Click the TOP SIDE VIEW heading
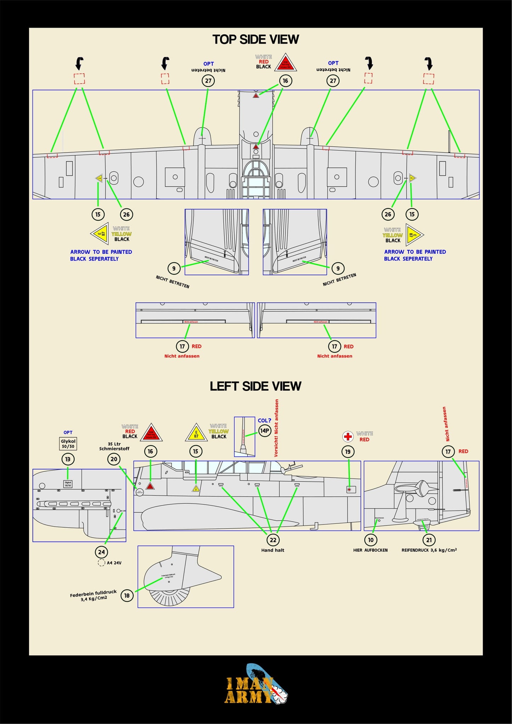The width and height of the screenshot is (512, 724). coord(255,39)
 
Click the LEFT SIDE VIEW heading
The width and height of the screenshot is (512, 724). coord(255,386)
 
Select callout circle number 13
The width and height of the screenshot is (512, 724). coord(68,459)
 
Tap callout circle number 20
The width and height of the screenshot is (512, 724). coord(114,459)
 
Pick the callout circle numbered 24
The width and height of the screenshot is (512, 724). coord(101,552)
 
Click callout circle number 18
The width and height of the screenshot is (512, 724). coord(127,595)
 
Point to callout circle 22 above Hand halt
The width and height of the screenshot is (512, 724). coord(273,540)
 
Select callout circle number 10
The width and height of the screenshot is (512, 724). coord(371,540)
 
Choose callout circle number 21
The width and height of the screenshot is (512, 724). coord(429,540)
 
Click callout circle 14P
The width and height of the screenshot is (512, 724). coord(265,431)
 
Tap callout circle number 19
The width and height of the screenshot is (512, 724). coord(348,451)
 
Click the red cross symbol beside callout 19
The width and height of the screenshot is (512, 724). coord(348,436)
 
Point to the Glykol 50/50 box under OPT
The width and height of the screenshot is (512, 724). coord(68,444)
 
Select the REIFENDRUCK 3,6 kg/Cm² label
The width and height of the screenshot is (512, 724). coord(429,550)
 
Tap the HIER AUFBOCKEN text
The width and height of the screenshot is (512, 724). coord(370,550)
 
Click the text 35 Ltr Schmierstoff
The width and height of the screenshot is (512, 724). coord(114,446)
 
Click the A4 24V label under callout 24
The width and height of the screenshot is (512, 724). coord(114,563)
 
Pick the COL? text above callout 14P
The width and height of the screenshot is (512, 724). coord(264,421)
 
